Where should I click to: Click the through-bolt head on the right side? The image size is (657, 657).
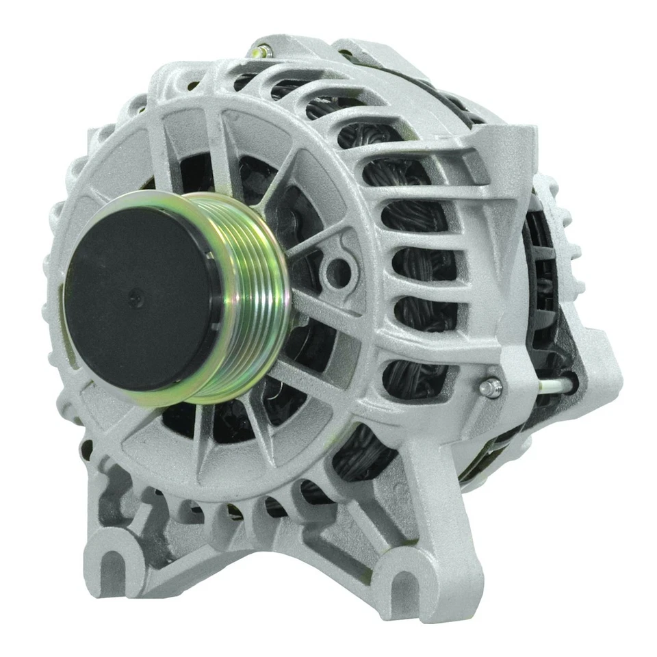(x=490, y=388)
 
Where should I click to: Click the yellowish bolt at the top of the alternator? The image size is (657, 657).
(x=260, y=50)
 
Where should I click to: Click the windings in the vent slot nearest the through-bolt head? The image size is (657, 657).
(x=417, y=376)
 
